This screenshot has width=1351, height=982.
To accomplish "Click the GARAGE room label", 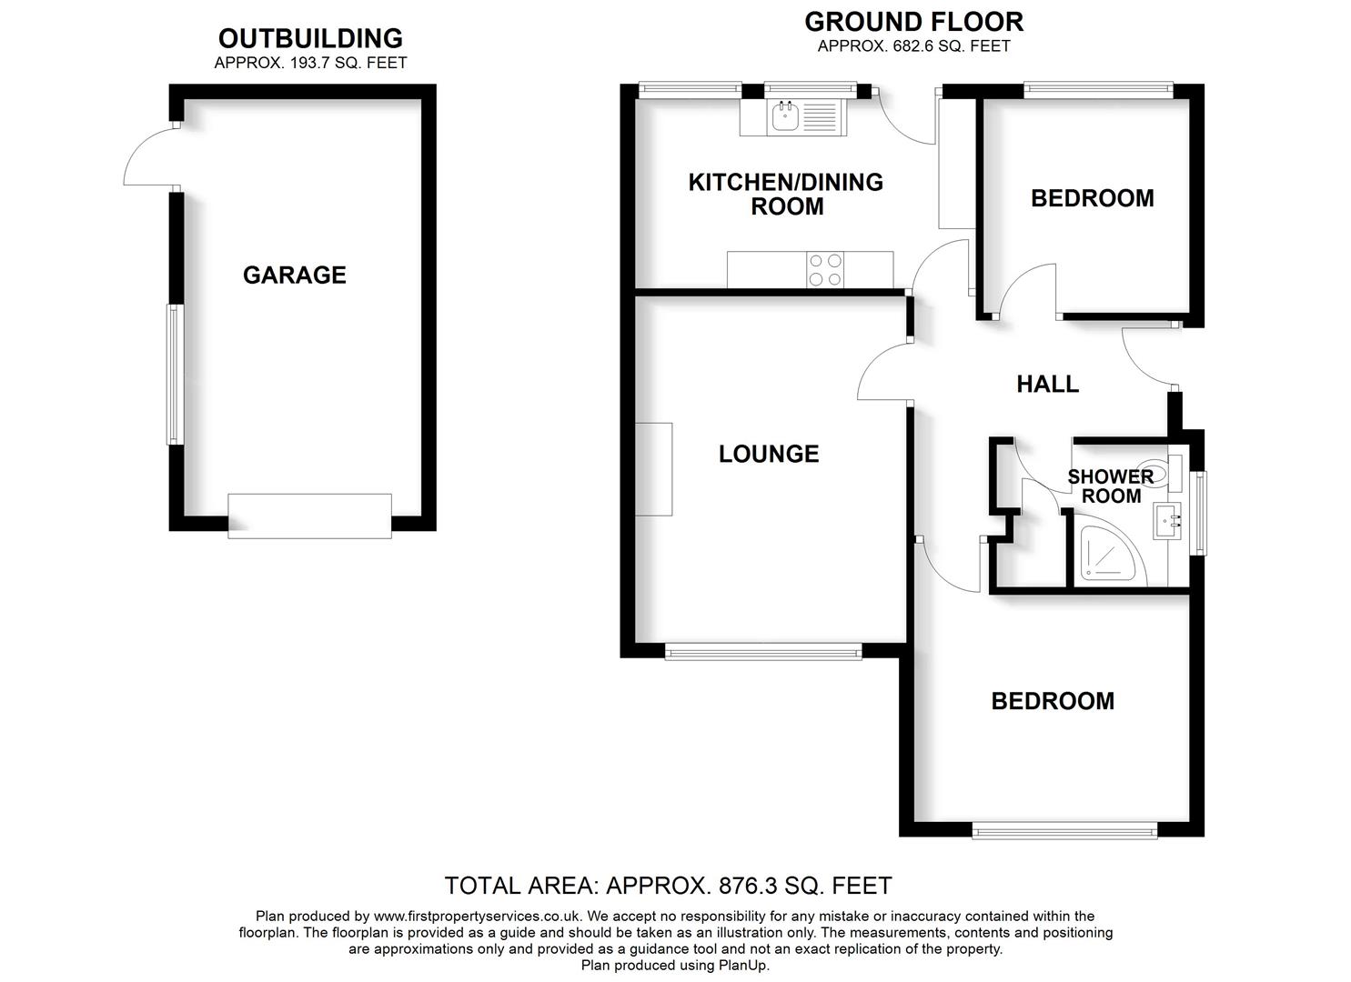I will (294, 275).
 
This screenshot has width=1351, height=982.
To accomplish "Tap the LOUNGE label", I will (769, 454).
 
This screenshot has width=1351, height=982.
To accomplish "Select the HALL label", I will (1047, 384).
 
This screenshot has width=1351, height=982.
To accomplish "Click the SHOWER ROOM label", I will (1110, 486).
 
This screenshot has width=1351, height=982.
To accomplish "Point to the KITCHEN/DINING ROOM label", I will (786, 194).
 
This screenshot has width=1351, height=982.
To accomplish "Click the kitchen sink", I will (784, 116).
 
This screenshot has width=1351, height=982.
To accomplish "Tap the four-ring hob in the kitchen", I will (825, 270).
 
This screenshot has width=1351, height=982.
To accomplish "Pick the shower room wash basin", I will (1167, 521).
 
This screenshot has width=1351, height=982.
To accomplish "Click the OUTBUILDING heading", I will (310, 38).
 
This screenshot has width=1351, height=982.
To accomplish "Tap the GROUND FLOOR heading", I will (913, 21).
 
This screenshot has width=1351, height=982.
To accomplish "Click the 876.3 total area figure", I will (743, 885).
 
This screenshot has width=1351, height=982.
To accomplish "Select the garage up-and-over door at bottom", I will (309, 516).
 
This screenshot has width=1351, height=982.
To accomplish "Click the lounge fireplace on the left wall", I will (654, 469).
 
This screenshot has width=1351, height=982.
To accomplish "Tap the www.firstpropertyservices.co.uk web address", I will (477, 917).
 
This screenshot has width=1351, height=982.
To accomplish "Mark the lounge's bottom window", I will (763, 651).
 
